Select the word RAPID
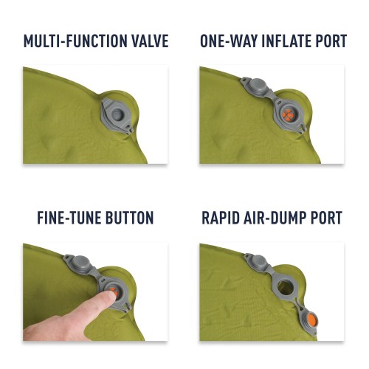[x=223, y=218]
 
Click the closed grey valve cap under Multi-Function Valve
[x=118, y=115]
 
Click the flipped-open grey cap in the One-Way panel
[x=261, y=86]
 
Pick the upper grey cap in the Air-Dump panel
[x=258, y=261]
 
